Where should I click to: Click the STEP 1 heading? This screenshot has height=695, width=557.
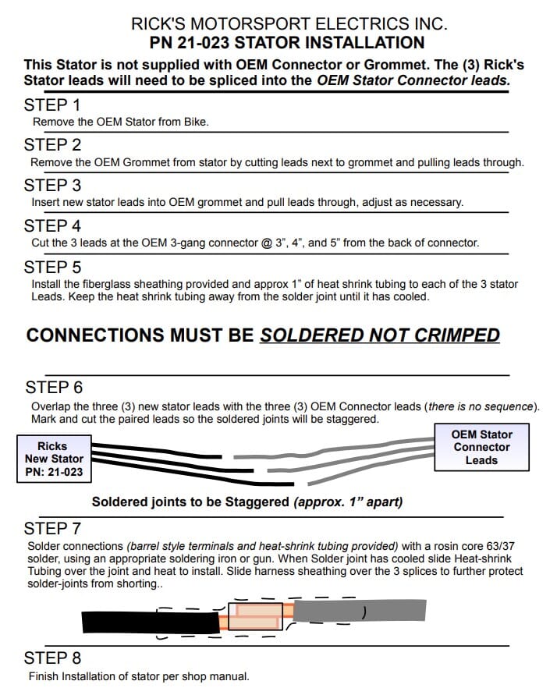[x=52, y=105]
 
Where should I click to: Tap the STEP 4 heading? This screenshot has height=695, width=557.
[x=52, y=226]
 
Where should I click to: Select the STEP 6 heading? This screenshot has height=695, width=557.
[x=54, y=388]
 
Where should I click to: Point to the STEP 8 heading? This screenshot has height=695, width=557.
[x=52, y=658]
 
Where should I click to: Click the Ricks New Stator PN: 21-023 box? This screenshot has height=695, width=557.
[x=54, y=459]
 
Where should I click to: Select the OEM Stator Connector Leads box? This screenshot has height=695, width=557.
[x=481, y=447]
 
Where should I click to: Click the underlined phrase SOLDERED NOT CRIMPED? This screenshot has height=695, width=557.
[x=380, y=335]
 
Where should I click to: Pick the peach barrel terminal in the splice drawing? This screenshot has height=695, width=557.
[x=256, y=616]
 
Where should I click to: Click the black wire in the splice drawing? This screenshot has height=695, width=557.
[x=151, y=622]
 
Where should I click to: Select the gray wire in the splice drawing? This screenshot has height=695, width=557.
[x=360, y=611]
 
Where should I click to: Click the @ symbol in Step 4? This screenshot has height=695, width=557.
[x=267, y=243]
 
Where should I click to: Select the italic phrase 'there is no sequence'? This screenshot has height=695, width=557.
[x=481, y=406]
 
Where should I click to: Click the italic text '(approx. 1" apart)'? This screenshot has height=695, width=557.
[x=348, y=502]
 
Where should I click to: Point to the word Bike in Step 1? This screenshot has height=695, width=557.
[x=196, y=122]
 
